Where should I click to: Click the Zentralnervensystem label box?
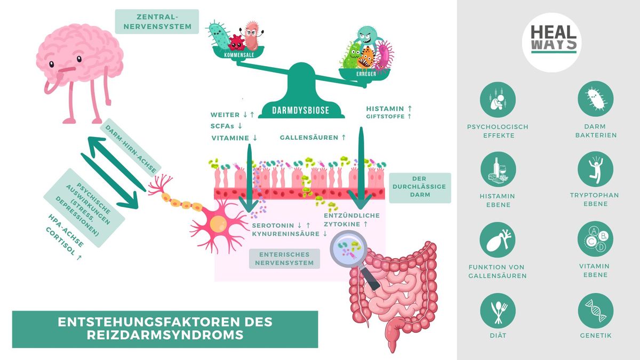[x=157, y=21]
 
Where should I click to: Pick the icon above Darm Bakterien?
[x=595, y=99]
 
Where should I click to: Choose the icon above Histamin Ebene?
[x=498, y=170]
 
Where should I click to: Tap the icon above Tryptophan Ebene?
[x=595, y=169]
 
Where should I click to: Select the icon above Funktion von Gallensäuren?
[x=498, y=240]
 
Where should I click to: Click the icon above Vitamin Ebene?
[x=595, y=239]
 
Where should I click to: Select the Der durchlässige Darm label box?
[x=420, y=187]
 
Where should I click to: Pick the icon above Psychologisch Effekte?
[x=498, y=99]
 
